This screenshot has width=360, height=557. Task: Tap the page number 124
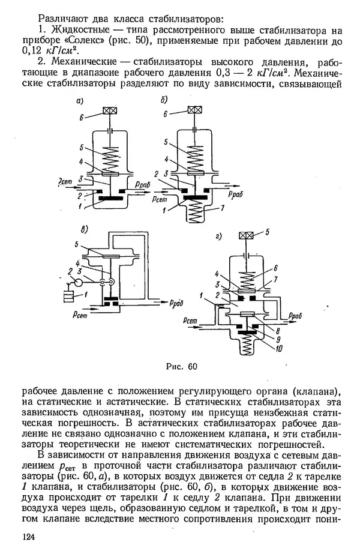[x=28, y=536]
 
